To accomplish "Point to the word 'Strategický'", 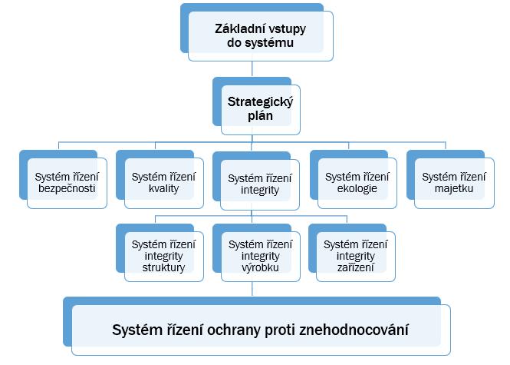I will click(260, 101).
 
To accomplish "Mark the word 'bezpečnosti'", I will click(66, 189).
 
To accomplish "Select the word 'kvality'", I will click(163, 189).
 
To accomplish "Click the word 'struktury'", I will click(163, 267).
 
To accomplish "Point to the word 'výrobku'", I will click(260, 267).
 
